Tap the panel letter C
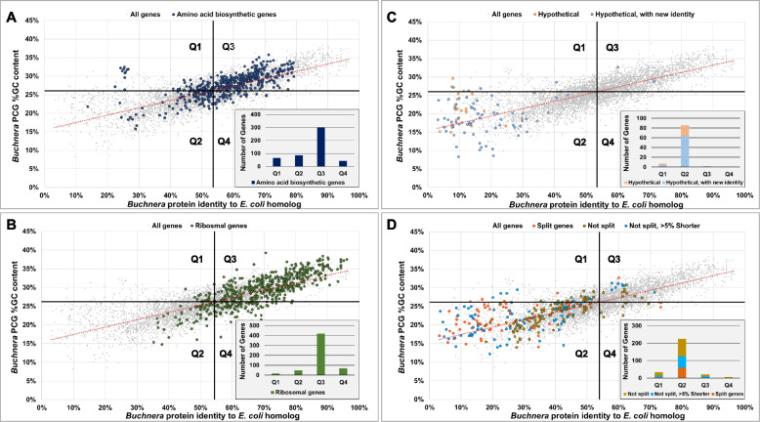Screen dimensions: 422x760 (393, 14)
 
